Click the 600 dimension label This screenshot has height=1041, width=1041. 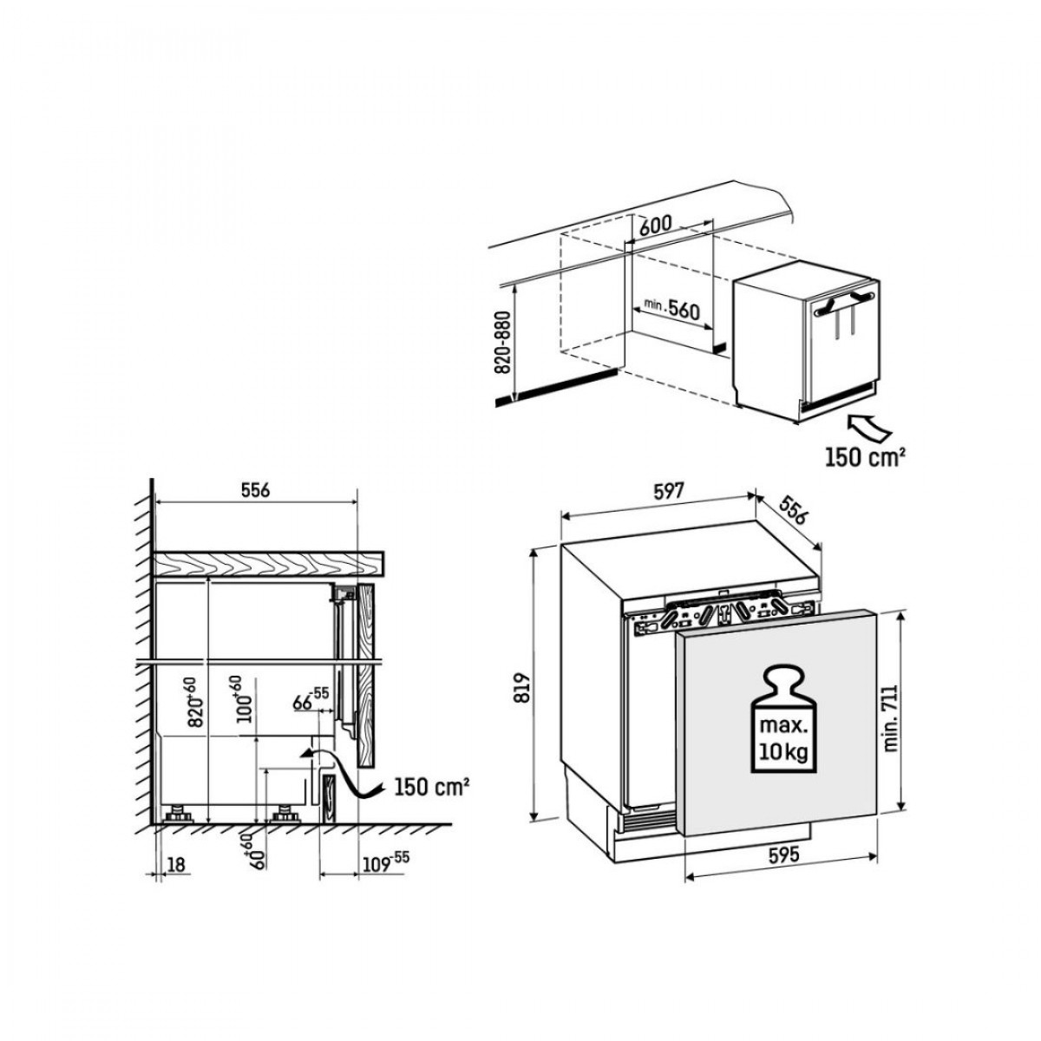click(x=656, y=224)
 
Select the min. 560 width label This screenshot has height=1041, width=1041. click(x=671, y=309)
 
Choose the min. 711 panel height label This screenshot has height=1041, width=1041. click(x=891, y=718)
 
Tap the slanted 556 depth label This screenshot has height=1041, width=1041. click(x=792, y=511)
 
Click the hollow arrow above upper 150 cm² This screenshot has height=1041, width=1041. click(x=868, y=428)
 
